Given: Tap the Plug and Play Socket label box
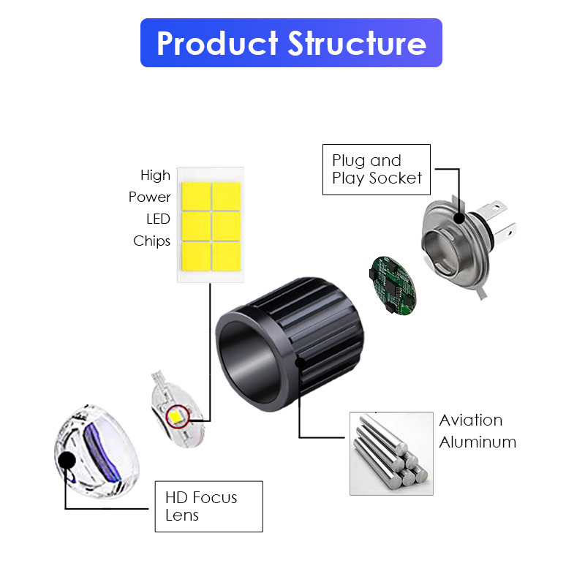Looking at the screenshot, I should tap(377, 170).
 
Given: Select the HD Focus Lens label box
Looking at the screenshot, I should tap(208, 506).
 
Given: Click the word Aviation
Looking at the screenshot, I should tap(470, 420).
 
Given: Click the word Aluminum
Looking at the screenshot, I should tap(478, 442).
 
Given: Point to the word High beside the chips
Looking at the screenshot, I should tap(155, 175).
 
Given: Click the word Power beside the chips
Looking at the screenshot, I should tap(149, 197).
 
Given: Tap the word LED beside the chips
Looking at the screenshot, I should tap(158, 219).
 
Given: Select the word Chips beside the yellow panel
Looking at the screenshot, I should tap(151, 241).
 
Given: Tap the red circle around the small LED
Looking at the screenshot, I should tap(177, 418).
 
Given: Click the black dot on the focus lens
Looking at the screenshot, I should tap(67, 460).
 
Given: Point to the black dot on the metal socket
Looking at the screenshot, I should tap(459, 217).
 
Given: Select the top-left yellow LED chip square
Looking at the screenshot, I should tap(195, 195).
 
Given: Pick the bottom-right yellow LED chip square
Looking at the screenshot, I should tap(226, 254).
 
